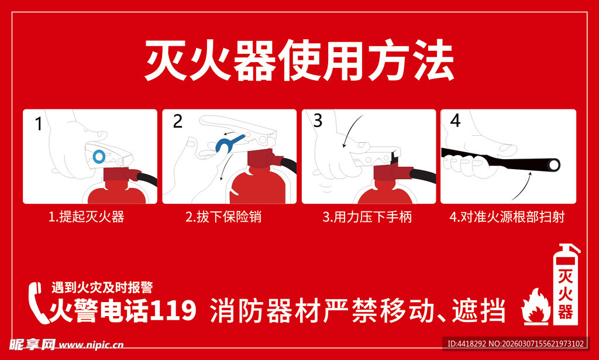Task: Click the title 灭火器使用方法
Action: click(x=299, y=61)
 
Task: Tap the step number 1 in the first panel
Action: click(x=39, y=124)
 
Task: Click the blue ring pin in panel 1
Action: click(x=99, y=156)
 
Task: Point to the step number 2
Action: click(x=178, y=122)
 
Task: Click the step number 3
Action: click(x=318, y=121)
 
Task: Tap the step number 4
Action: click(x=456, y=121)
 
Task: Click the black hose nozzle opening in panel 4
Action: click(x=552, y=166)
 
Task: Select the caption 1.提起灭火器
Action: click(x=86, y=217)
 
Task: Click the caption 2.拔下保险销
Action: click(x=223, y=217)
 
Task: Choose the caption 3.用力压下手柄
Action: click(x=367, y=217)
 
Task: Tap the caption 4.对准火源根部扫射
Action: click(x=507, y=217)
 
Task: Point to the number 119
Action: click(x=173, y=310)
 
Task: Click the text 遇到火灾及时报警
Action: click(x=102, y=287)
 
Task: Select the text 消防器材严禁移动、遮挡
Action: click(x=357, y=311)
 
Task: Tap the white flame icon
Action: click(x=535, y=306)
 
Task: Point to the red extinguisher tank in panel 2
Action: click(x=253, y=186)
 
